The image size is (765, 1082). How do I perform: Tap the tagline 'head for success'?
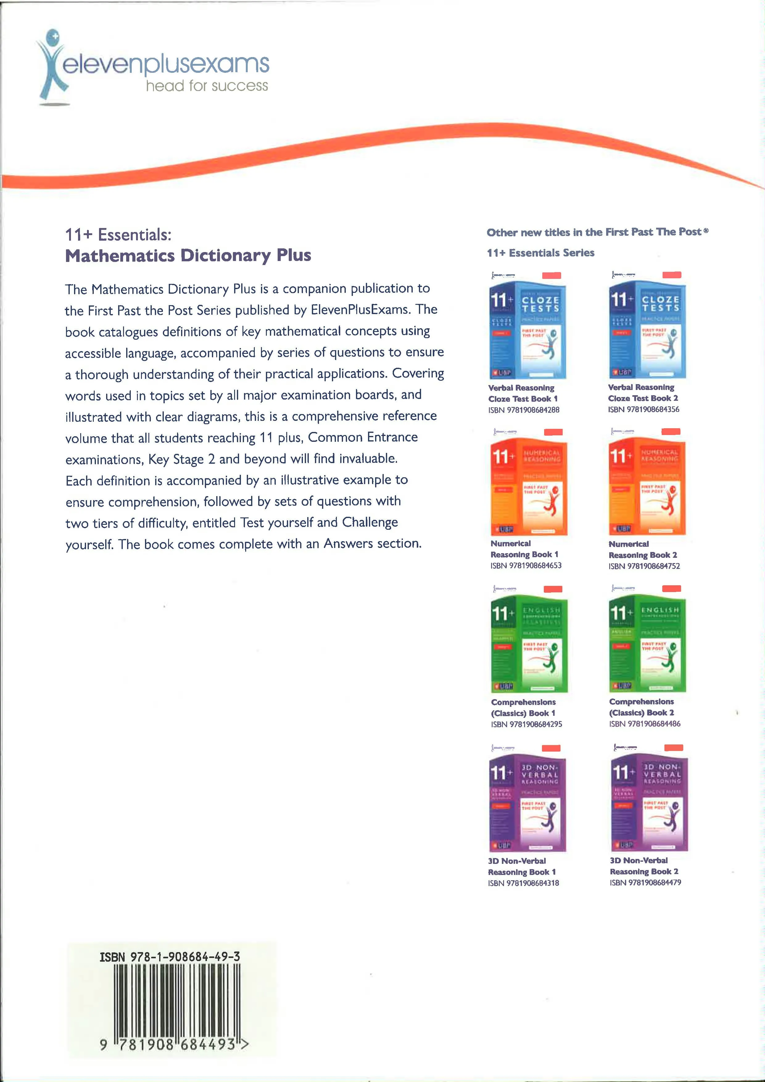point(207,86)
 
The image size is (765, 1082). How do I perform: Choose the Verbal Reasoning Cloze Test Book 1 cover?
point(527,331)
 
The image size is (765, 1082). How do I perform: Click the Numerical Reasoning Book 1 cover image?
point(528,488)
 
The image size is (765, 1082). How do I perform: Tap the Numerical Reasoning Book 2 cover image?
point(647,488)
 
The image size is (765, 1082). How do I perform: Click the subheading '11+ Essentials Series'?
point(540,253)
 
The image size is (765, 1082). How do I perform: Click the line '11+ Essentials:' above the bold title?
point(118,235)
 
